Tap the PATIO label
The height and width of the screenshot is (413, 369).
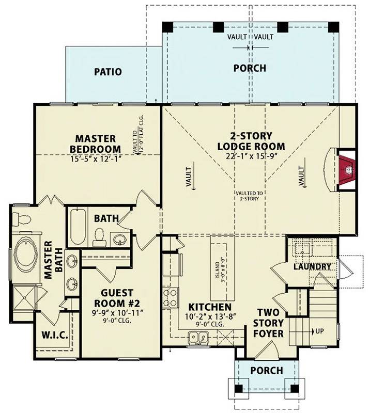[108, 72]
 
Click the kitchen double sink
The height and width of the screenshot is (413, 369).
[198, 338]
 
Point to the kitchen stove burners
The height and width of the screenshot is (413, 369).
[171, 298]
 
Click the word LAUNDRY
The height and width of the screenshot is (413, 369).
[312, 266]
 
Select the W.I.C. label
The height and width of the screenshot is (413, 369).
[55, 335]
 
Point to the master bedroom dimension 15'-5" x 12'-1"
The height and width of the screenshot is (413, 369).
[96, 159]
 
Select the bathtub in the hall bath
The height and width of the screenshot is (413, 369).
[78, 227]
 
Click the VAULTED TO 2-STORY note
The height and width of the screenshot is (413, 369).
[249, 196]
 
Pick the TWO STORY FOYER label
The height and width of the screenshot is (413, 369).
[268, 323]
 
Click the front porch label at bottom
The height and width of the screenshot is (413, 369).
[266, 370]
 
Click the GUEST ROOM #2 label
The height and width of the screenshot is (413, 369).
[117, 298]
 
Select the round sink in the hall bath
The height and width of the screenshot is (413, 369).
[120, 240]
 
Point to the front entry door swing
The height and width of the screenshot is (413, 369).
[266, 350]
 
